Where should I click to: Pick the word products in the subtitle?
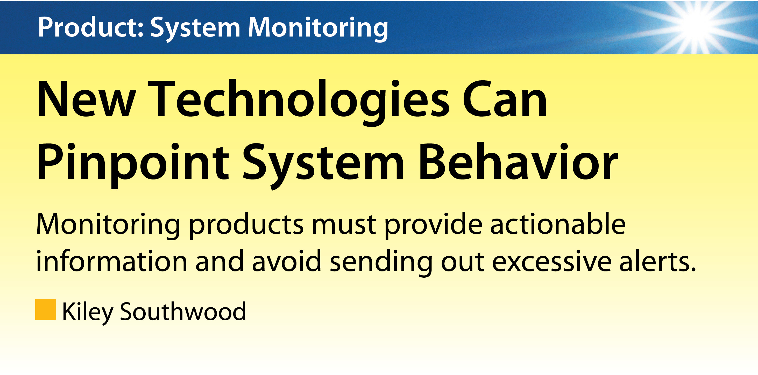(x=246, y=226)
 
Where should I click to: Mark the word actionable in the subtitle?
(x=557, y=223)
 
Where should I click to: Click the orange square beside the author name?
(x=46, y=310)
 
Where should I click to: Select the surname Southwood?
(x=183, y=311)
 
